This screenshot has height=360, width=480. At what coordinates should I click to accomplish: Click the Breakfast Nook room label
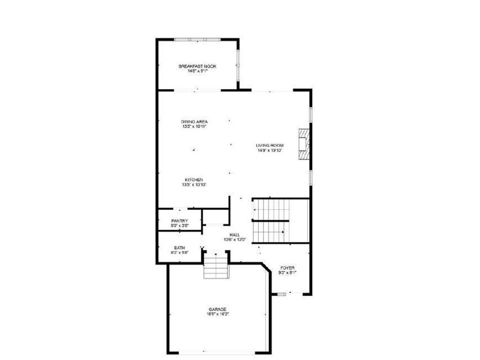tap(197, 66)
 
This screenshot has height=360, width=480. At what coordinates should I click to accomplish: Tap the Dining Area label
tap(194, 121)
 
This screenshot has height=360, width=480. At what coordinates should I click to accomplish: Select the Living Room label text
tap(270, 145)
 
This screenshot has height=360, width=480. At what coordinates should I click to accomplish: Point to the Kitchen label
tap(194, 180)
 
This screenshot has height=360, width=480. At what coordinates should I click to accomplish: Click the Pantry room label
tap(180, 221)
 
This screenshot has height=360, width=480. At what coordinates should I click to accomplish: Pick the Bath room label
tap(180, 247)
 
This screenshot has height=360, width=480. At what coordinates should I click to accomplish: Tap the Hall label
tap(235, 234)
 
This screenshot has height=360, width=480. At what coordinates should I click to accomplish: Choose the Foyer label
tap(287, 268)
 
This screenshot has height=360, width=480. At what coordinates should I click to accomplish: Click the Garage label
tap(218, 309)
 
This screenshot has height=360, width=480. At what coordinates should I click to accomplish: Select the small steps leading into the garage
tap(216, 266)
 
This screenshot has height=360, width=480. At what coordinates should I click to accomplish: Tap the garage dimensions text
tap(218, 315)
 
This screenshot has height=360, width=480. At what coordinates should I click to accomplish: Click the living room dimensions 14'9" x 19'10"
tap(270, 150)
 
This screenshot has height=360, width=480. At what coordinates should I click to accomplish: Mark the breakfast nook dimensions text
tap(197, 71)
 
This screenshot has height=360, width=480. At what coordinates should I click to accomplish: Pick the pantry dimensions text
tap(180, 226)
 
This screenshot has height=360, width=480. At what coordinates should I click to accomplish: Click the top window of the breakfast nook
tap(197, 39)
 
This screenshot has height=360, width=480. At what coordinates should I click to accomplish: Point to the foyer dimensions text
tap(287, 273)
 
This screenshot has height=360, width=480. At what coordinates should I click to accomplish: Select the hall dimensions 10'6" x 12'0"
tap(235, 240)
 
